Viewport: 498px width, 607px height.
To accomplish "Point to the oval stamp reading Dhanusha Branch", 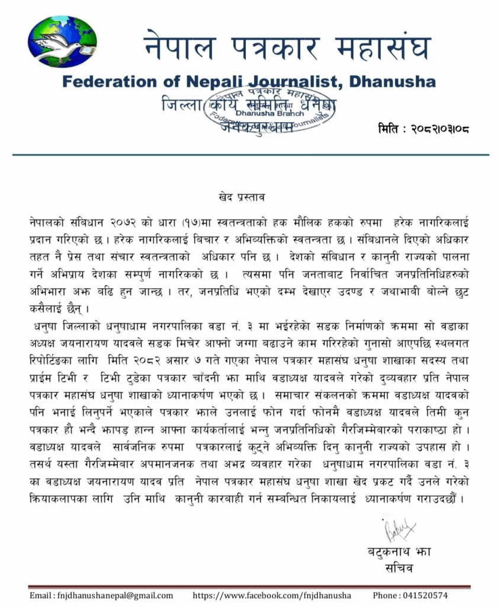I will pos(269,112).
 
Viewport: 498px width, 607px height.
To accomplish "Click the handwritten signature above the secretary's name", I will pos(399,529).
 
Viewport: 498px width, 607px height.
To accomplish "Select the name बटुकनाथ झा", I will pos(399,552).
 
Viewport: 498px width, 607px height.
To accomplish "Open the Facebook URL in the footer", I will pos(272,595).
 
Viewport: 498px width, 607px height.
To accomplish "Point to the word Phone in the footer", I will pos(385,595).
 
